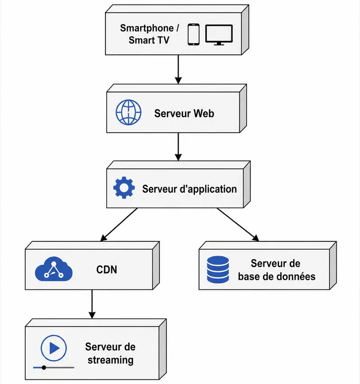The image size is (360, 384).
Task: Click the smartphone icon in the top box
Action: (193, 35)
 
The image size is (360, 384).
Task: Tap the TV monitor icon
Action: (219, 35)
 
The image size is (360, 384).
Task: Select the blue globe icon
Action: (129, 113)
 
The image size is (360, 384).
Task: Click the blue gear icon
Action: (124, 188)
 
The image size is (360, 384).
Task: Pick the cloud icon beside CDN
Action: (54, 269)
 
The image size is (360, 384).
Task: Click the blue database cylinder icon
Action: (218, 270)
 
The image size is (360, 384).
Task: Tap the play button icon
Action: (54, 348)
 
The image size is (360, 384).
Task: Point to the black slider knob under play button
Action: (44, 368)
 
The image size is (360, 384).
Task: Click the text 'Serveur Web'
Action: (184, 113)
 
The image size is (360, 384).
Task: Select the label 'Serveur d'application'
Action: (189, 189)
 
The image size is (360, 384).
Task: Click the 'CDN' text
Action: (107, 270)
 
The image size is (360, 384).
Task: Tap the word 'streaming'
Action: (111, 360)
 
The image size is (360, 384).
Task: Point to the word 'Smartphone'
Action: (147, 28)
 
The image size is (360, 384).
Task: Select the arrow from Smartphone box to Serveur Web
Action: (178, 69)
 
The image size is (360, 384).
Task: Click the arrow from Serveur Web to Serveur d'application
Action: (178, 147)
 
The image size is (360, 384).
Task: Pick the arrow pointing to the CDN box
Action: (119, 225)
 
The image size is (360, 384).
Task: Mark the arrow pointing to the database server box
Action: (238, 225)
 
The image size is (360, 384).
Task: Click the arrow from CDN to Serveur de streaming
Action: (92, 304)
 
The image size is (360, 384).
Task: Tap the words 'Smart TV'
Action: (149, 40)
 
